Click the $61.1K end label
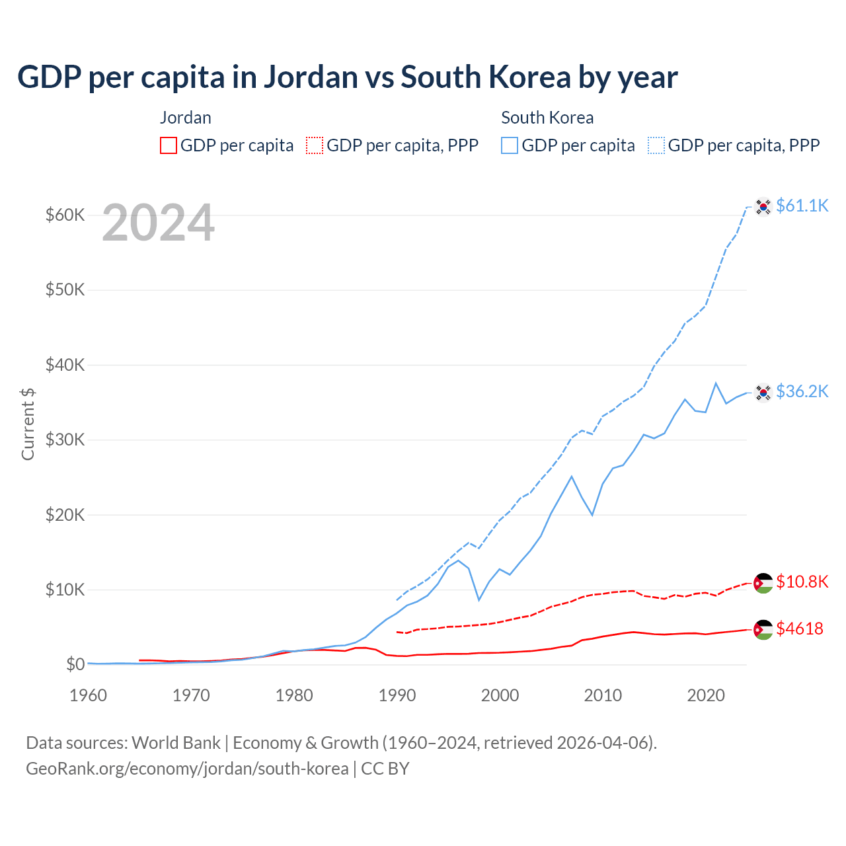(802, 206)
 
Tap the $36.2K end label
(802, 391)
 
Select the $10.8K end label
(802, 582)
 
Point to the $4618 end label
(799, 629)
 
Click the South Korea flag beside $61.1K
(763, 207)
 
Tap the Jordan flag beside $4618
(763, 630)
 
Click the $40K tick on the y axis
(65, 365)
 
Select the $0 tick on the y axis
(75, 664)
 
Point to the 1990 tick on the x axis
(397, 695)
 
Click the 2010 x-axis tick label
(603, 695)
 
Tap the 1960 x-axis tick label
(89, 695)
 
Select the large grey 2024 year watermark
(158, 223)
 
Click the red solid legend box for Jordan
(169, 145)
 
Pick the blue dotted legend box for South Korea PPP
(656, 145)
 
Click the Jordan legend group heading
(186, 118)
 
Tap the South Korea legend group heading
(547, 118)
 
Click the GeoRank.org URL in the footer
(187, 769)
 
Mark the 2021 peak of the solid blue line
(716, 383)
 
